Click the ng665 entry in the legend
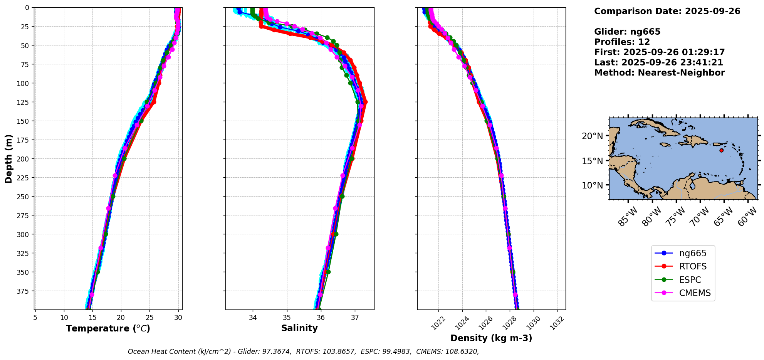point(683,253)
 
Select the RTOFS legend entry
point(683,266)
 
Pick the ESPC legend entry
point(683,280)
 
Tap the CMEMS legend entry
point(683,293)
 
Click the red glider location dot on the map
point(721,150)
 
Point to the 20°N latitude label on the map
point(592,136)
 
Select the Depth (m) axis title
point(9,158)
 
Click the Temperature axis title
point(108,328)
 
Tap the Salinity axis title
point(299,328)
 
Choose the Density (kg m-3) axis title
point(491,338)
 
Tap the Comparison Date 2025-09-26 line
point(667,11)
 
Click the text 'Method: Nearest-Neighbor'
point(659,73)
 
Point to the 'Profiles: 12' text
point(622,42)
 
